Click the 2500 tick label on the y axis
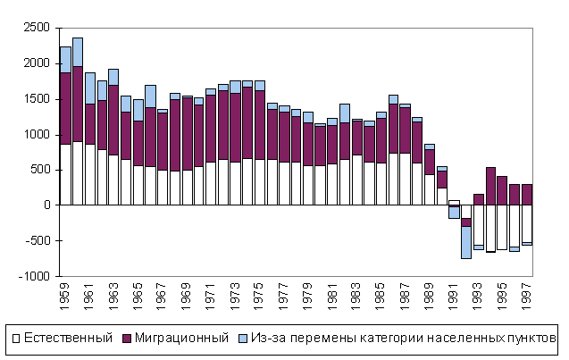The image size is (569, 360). (36, 28)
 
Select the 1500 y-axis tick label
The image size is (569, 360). (36, 99)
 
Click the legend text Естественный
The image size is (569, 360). (69, 338)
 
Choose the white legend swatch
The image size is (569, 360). (15, 338)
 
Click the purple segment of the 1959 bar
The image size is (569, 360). (65, 108)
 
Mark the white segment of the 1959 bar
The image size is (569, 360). (65, 174)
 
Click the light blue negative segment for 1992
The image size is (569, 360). (465, 242)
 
